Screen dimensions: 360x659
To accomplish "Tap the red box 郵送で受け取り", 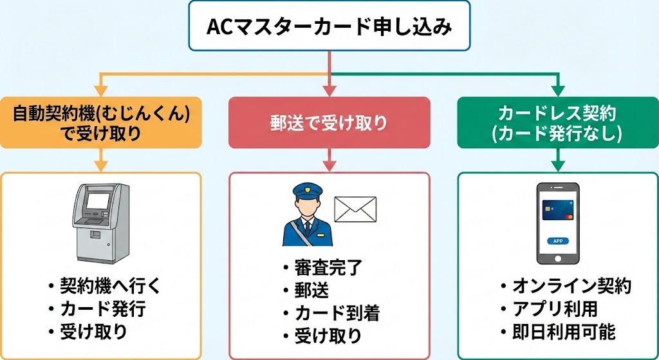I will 329,123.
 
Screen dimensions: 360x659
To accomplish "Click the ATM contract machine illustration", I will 100,222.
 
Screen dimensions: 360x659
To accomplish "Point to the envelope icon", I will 355,210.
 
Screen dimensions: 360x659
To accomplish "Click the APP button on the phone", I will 557,240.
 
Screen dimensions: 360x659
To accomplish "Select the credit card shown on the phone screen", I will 557,209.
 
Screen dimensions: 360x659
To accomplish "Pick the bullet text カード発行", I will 103,309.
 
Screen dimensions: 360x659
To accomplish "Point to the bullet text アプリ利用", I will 555,309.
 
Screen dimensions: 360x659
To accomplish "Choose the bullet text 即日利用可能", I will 564,332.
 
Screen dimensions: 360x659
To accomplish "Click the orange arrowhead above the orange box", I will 100,90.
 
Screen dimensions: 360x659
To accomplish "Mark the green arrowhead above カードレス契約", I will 558,90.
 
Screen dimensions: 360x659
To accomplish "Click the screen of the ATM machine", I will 98,200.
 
